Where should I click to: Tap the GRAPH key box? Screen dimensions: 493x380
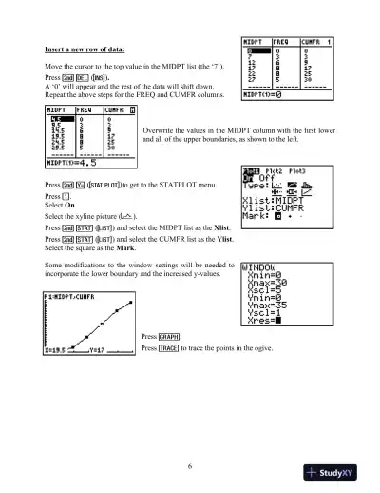169,337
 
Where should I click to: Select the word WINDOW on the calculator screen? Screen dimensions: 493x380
265,268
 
